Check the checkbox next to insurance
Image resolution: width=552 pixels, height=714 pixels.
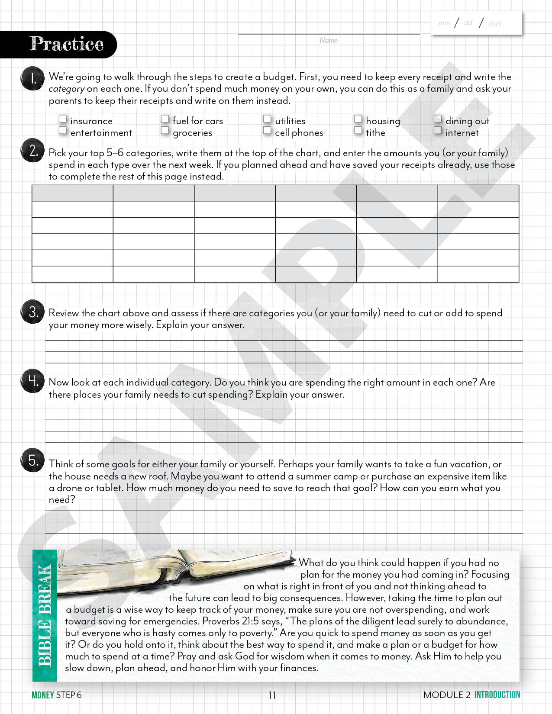coord(63,119)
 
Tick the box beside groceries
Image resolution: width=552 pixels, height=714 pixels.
coord(165,130)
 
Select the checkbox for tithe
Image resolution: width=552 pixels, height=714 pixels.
coord(358,130)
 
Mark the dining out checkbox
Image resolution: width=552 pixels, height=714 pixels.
coord(438,119)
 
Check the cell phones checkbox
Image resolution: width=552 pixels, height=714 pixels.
coord(267,130)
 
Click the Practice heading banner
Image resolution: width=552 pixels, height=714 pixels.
coord(66,44)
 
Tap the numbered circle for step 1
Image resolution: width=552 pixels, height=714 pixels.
coord(32,79)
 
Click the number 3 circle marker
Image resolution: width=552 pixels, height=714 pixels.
coord(32,312)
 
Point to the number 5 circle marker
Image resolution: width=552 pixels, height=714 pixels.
coord(32,460)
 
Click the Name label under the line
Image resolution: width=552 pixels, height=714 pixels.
coord(329,40)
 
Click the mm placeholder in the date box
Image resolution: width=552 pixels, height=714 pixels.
coord(444,23)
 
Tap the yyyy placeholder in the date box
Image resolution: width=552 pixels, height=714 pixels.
coord(495,23)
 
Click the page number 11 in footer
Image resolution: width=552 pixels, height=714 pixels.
coord(272,695)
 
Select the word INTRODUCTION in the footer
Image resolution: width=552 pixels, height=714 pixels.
coord(497,695)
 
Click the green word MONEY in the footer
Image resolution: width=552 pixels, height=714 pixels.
coord(42,695)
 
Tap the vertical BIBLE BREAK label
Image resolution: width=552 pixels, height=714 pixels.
coord(45,615)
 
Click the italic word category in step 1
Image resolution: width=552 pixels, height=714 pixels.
coord(66,89)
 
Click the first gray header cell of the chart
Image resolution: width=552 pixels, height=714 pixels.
coord(72,193)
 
